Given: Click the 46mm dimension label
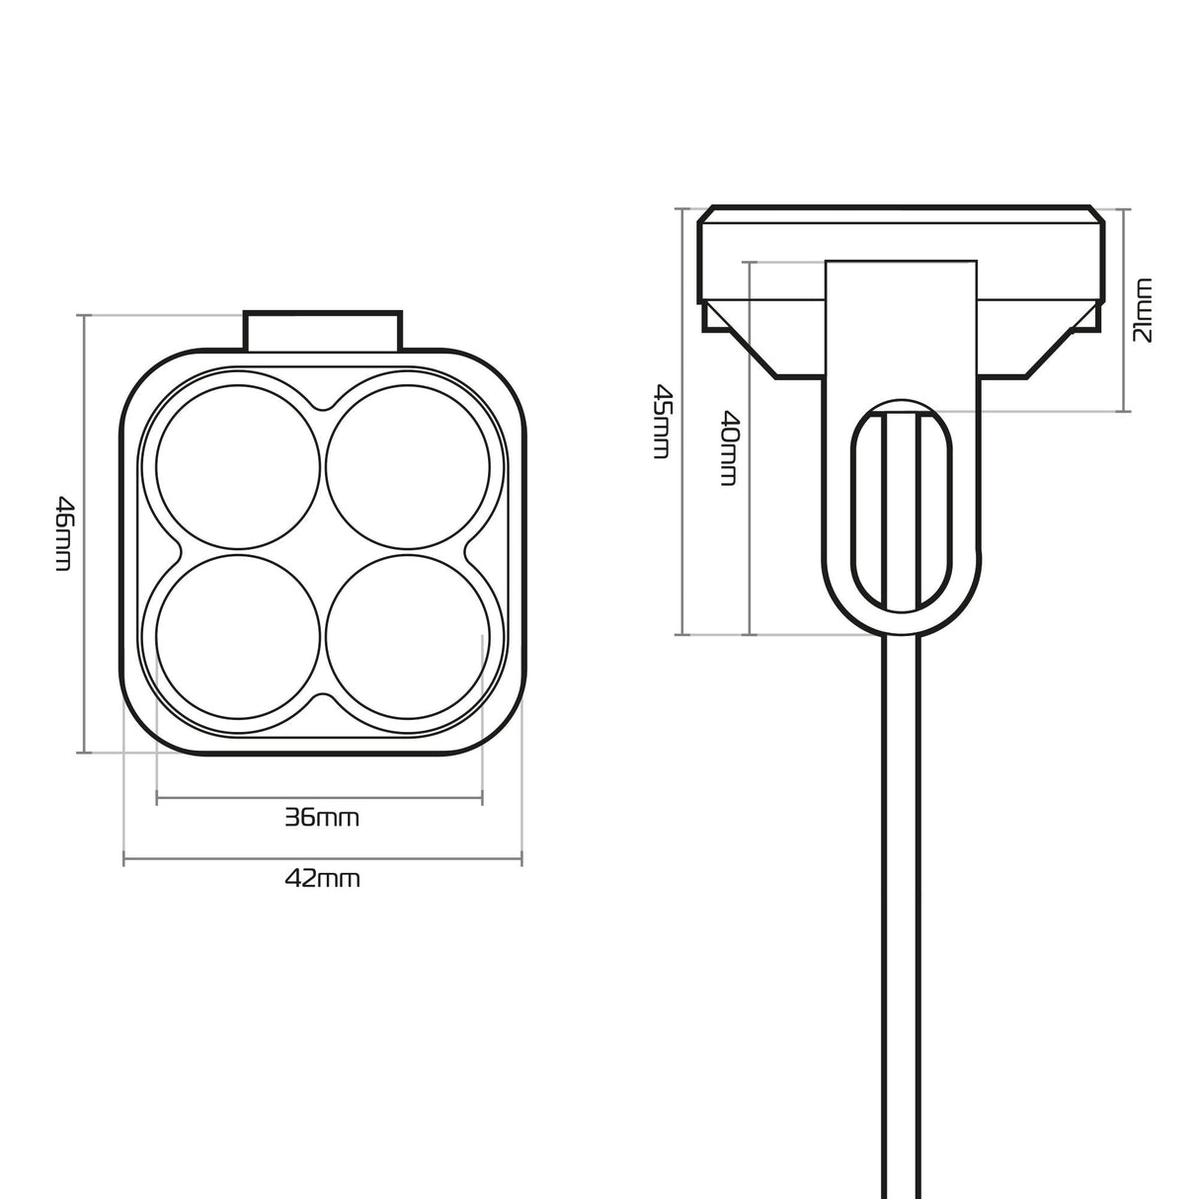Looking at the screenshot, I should click(62, 533).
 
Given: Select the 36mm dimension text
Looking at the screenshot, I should click(322, 818).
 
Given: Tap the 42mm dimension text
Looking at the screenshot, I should click(322, 878).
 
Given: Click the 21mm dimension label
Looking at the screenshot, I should click(1143, 310).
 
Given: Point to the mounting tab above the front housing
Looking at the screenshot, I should click(323, 330).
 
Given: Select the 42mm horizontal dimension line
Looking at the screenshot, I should click(322, 861).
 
